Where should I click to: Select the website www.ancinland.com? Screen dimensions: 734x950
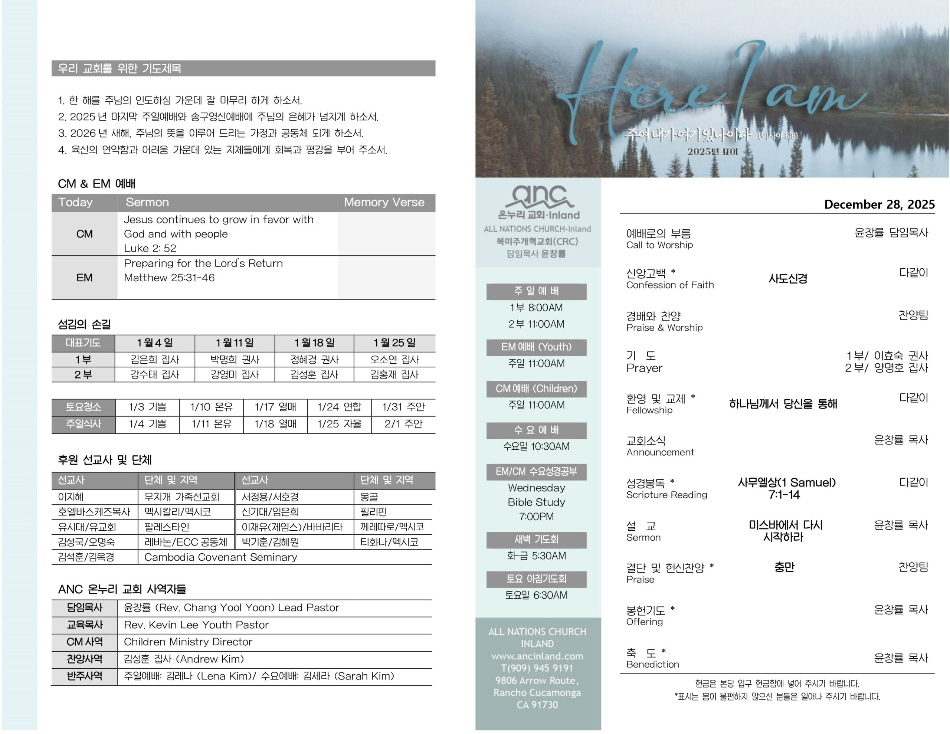pyautogui.click(x=537, y=656)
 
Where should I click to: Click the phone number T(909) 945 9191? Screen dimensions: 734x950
pyautogui.click(x=537, y=668)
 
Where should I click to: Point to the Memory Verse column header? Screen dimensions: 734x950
pyautogui.click(x=384, y=202)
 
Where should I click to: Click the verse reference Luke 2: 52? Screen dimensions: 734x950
pyautogui.click(x=150, y=248)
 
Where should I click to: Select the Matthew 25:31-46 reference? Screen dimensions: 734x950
pyautogui.click(x=169, y=278)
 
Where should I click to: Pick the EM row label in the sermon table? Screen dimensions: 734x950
pyautogui.click(x=84, y=278)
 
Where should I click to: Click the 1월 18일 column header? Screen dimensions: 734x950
pyautogui.click(x=314, y=343)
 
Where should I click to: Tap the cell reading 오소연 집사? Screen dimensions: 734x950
pyautogui.click(x=394, y=359)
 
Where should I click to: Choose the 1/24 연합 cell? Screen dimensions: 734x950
pyautogui.click(x=339, y=407)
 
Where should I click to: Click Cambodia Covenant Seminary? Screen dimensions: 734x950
pyautogui.click(x=220, y=557)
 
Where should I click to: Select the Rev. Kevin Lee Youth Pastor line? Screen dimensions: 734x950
pyautogui.click(x=196, y=625)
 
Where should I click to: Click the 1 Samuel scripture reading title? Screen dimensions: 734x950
pyautogui.click(x=786, y=482)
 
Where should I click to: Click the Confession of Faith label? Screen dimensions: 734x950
pyautogui.click(x=670, y=285)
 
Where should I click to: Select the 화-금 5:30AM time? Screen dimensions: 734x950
pyautogui.click(x=536, y=556)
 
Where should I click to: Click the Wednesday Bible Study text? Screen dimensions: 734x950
pyautogui.click(x=536, y=495)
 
